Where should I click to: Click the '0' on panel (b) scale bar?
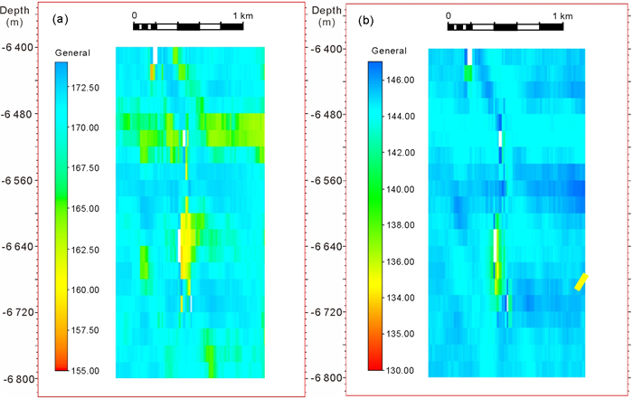tap(449, 15)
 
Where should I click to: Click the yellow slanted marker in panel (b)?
tap(582, 282)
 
